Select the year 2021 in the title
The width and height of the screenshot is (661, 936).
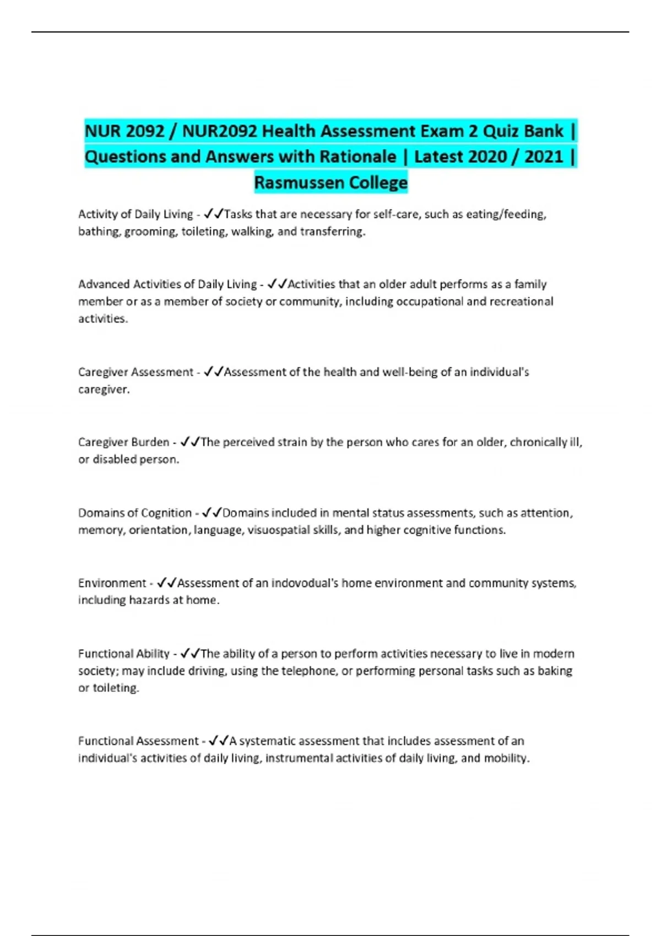click(x=544, y=157)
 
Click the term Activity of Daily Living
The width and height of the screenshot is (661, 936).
click(x=136, y=214)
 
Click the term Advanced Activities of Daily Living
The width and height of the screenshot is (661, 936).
click(x=167, y=284)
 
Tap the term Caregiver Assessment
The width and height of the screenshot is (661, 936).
click(x=136, y=372)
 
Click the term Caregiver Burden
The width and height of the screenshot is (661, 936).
click(x=124, y=442)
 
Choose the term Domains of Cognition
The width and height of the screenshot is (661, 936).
click(x=135, y=513)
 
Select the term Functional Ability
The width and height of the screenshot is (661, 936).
click(x=124, y=654)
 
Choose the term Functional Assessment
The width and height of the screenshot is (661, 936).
click(x=138, y=741)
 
